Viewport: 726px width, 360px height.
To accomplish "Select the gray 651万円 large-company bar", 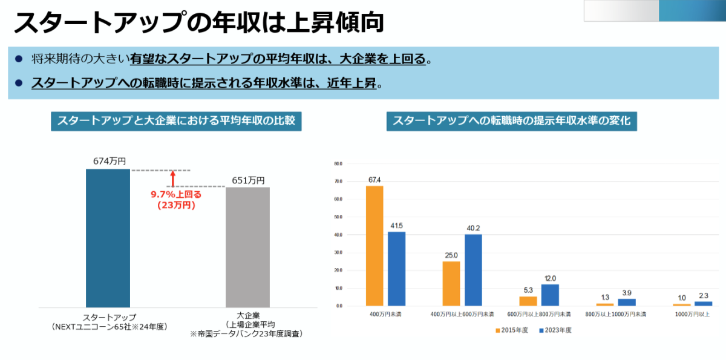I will point(247,247).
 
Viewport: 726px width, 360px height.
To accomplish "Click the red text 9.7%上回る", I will point(176,194).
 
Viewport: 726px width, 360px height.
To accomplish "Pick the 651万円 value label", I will point(248,180).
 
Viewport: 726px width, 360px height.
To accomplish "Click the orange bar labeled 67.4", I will point(374,246).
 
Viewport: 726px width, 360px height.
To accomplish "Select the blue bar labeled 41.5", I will point(396,269).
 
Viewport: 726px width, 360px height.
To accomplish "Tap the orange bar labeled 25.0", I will point(451,283).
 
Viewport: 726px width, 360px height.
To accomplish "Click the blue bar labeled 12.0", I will point(550,295).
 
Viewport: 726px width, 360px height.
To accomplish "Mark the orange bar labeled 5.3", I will point(528,301).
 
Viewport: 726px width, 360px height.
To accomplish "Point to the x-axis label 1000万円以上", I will point(692,315).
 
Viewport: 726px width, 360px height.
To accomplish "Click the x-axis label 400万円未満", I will point(385,315).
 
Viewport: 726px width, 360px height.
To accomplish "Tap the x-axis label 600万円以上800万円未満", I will point(539,315).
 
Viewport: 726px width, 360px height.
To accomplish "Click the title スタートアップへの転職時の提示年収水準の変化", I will point(512,121).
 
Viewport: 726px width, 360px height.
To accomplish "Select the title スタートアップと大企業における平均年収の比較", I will point(176,121).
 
